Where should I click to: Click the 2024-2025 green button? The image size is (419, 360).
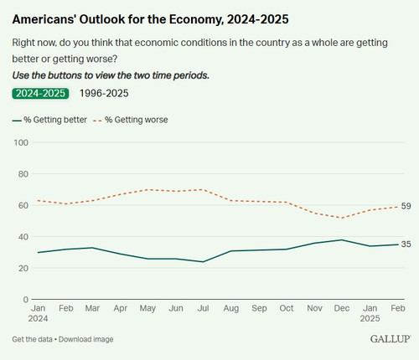40,94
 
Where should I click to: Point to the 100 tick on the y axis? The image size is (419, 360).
22,142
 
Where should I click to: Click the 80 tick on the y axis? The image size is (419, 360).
23,174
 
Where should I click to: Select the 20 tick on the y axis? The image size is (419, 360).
23,268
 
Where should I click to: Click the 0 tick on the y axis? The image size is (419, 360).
26,299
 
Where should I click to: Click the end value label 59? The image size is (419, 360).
406,207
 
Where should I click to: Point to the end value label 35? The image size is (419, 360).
406,244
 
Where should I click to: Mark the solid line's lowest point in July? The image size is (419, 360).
202,262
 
